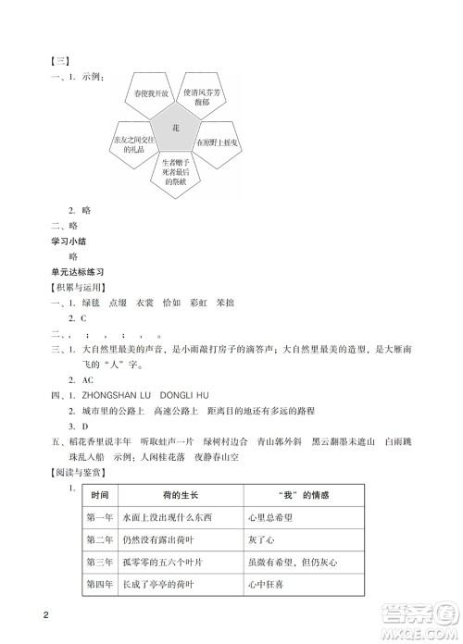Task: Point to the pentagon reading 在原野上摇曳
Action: click(218, 145)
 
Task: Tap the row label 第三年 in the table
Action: click(99, 561)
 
